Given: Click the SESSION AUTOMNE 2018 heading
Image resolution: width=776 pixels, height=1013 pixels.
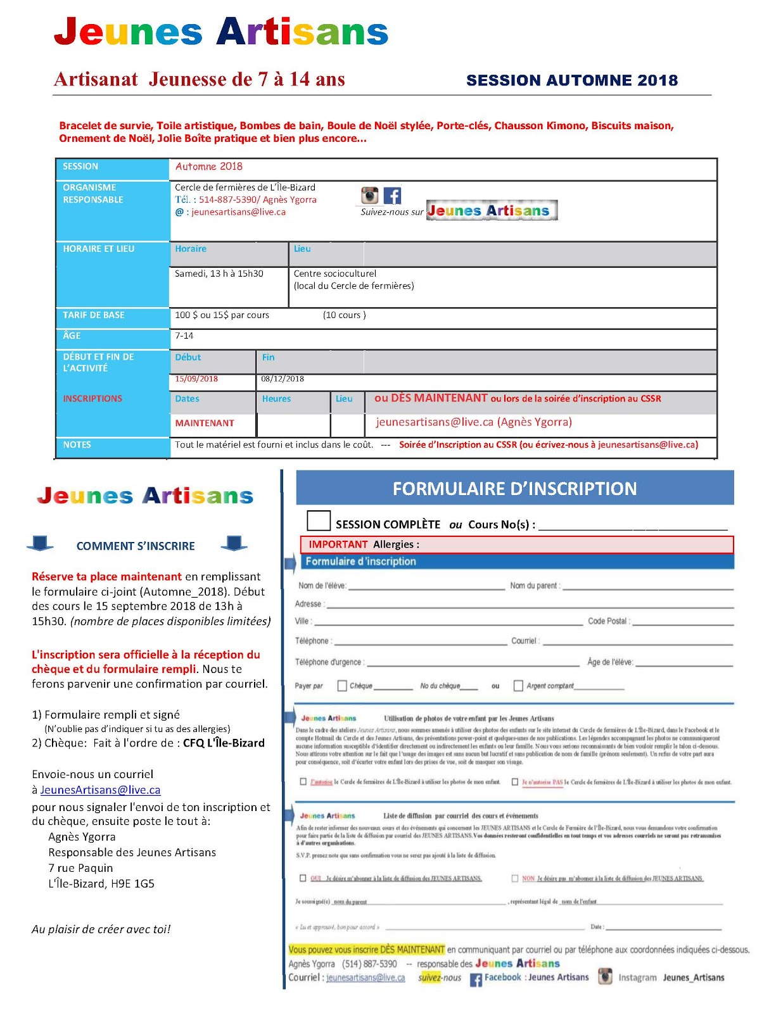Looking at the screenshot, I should tap(572, 80).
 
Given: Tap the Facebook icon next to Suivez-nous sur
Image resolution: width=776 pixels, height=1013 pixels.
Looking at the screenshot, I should tap(393, 196).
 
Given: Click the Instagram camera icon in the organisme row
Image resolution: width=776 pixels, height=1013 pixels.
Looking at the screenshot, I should tap(370, 196).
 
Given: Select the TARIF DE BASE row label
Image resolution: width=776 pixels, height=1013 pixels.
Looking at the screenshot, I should tap(94, 315).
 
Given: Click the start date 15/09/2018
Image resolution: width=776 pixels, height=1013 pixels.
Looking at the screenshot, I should tap(196, 379).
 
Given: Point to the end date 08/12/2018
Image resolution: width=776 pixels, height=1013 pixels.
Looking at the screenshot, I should tap(283, 379).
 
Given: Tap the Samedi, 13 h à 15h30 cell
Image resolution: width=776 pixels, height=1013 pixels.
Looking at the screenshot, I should tap(219, 274).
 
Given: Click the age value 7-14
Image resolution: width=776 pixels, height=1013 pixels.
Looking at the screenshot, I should tap(184, 336).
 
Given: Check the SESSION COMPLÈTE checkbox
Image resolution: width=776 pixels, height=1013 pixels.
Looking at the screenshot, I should tap(319, 520).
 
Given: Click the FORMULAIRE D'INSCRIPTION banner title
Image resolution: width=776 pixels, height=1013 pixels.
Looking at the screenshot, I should tap(514, 489).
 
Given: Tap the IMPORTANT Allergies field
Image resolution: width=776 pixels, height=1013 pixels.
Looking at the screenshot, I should tap(516, 544).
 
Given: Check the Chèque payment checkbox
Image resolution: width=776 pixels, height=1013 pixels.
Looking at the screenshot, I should tap(343, 686).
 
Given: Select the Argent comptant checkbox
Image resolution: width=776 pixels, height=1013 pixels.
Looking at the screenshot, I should tap(518, 686).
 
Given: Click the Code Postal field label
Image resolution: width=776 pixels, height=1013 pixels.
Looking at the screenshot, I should tap(607, 621).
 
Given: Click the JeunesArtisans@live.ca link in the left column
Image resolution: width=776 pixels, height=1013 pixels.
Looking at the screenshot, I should tap(100, 790).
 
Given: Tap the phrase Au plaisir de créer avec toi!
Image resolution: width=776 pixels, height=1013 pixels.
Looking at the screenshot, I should tap(101, 929).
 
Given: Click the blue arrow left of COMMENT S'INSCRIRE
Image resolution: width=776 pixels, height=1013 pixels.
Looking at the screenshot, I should tap(40, 543).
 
